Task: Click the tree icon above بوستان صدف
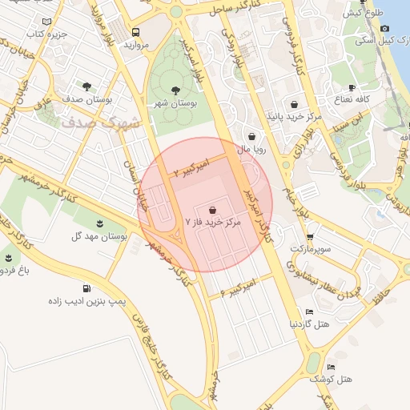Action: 86,84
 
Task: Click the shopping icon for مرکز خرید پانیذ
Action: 294,104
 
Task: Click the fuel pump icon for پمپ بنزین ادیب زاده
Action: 86,289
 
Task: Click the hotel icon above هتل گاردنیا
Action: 309,312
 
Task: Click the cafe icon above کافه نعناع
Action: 352,87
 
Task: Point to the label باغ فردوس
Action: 14,271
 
